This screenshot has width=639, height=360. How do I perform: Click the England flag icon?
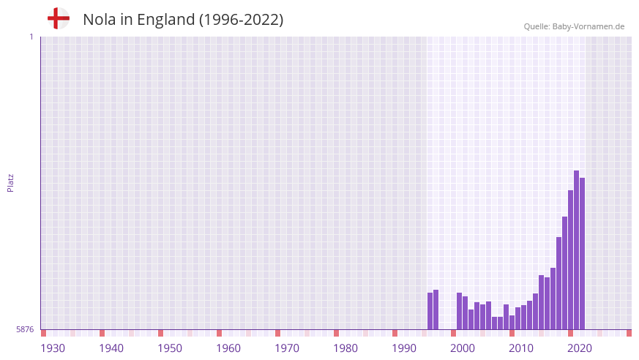coord(59,18)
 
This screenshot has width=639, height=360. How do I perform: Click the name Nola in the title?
coord(100,20)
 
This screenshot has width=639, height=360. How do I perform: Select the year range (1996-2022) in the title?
coord(241,20)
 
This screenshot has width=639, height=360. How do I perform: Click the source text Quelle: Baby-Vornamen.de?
coord(574,26)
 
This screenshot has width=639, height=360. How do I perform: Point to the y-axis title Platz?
coord(10,182)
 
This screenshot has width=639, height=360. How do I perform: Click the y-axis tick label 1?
coord(31,37)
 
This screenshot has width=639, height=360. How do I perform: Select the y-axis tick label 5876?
coord(25,330)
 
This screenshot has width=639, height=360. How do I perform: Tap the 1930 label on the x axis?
coord(53,348)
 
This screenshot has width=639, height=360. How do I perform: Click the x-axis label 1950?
coord(170,348)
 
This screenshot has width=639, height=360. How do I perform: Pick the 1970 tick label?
coord(287,348)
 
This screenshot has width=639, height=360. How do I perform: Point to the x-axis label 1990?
coord(404,348)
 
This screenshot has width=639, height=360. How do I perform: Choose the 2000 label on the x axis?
coord(463,348)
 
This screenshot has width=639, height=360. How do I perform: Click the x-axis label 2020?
coord(580,348)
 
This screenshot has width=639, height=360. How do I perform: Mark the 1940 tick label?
coord(111,348)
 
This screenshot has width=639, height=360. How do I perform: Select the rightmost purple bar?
coord(583,253)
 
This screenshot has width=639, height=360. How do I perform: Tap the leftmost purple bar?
coord(430,311)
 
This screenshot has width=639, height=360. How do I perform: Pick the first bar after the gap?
coord(460,311)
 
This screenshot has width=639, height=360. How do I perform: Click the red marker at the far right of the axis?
coord(629,333)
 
